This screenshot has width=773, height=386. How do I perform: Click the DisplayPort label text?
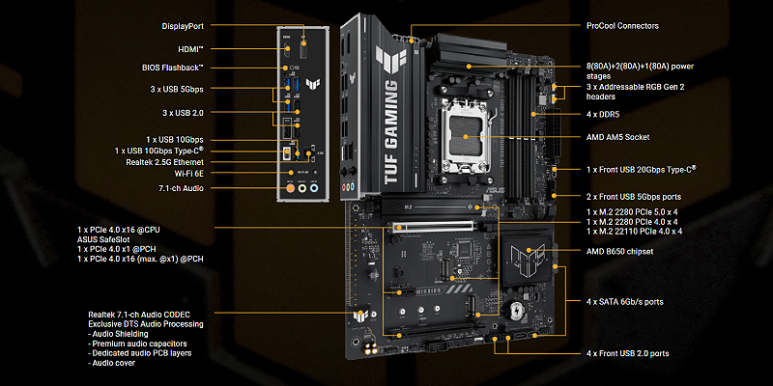(x=183, y=26)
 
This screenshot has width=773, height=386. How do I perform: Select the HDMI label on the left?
(x=190, y=49)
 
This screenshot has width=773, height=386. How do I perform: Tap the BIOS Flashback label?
(x=173, y=68)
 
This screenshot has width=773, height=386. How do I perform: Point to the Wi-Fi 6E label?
(x=188, y=173)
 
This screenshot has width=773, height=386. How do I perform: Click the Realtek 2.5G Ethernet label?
(x=165, y=161)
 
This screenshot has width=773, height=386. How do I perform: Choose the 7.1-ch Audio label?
(x=181, y=188)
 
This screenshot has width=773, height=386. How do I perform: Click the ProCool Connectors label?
(x=622, y=26)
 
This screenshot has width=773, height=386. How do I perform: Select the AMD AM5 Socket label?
(x=617, y=137)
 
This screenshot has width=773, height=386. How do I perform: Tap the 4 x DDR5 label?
(x=603, y=115)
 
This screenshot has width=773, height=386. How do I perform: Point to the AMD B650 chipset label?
(x=619, y=252)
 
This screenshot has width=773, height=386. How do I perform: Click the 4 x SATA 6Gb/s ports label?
(x=624, y=302)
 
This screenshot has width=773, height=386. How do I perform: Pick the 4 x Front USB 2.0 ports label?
(x=627, y=353)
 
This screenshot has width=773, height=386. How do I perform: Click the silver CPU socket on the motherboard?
(x=466, y=137)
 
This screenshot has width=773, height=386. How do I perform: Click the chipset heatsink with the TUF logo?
(x=527, y=262)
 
